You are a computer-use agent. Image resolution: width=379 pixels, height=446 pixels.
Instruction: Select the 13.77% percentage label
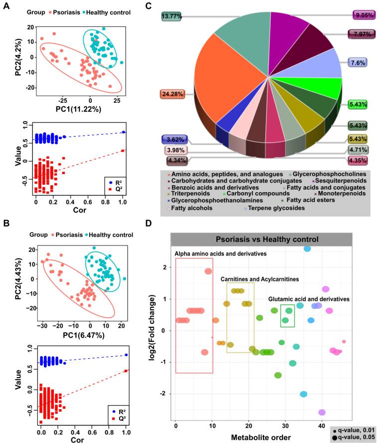pos(173,16)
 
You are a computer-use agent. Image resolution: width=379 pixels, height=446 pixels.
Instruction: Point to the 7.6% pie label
pos(358,63)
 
